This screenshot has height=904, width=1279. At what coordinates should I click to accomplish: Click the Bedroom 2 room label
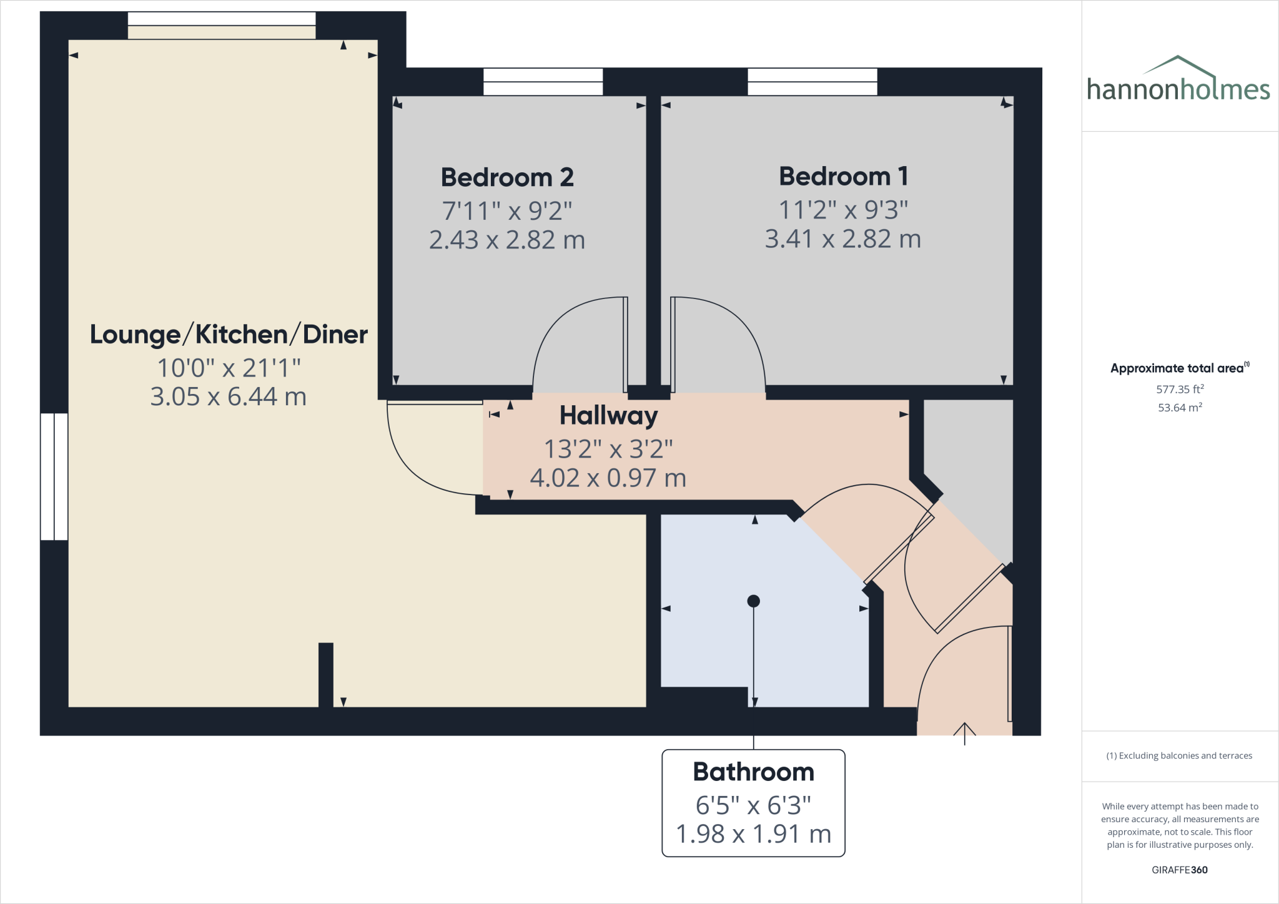point(507,177)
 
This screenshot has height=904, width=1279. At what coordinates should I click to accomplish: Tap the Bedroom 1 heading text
point(843,176)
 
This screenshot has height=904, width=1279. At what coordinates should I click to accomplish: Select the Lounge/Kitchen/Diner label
point(229,335)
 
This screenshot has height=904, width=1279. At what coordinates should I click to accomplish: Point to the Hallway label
point(608,416)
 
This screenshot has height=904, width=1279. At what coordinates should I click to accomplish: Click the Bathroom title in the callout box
point(753,772)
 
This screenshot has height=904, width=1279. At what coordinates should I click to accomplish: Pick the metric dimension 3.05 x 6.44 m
point(229,397)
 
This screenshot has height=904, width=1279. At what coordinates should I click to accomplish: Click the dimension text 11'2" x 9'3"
point(843,210)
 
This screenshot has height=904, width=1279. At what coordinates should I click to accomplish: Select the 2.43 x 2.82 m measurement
point(507,240)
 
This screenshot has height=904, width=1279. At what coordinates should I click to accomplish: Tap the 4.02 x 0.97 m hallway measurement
point(608,478)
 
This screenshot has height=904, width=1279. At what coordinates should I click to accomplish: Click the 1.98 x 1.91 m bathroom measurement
point(753,834)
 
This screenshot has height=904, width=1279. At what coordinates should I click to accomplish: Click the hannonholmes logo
point(1178,81)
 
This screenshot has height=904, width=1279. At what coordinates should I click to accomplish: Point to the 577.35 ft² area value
point(1180,389)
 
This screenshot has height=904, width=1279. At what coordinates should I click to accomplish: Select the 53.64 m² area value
point(1180,408)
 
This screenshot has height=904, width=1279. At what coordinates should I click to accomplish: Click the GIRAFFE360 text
point(1180,870)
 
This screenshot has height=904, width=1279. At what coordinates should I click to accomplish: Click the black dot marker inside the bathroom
point(753,601)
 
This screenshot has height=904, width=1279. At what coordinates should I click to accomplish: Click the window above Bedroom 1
point(812,82)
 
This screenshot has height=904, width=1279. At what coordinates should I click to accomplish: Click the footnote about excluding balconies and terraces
point(1179,755)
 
